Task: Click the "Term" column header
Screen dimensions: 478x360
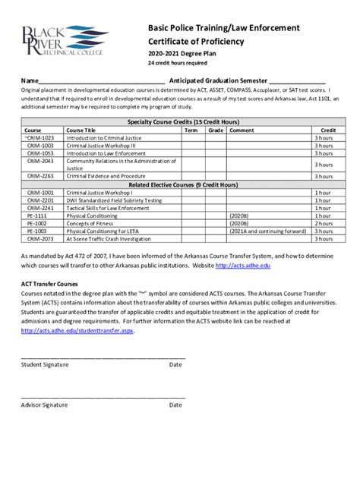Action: (x=191, y=131)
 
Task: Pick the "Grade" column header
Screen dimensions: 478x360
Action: (x=215, y=131)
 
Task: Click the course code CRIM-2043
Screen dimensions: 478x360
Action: (x=39, y=162)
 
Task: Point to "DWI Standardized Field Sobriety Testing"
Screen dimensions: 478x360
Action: (x=114, y=200)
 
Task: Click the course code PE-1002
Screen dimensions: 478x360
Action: (x=36, y=224)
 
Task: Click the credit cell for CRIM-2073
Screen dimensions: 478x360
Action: (x=324, y=239)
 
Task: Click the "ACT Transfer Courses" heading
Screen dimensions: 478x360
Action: (x=49, y=284)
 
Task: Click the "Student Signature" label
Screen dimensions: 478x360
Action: (x=45, y=364)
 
